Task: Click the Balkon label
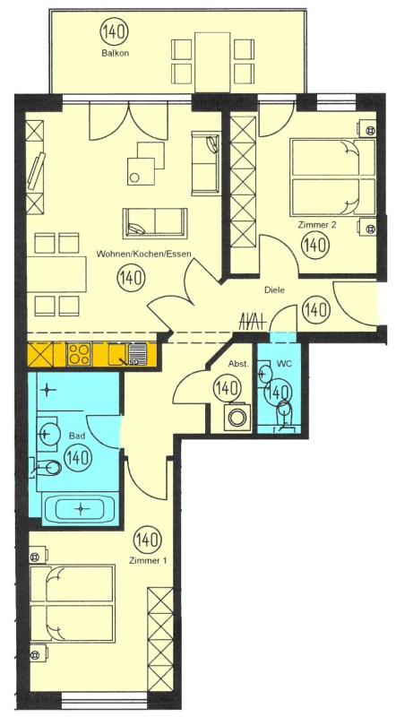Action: pos(115,53)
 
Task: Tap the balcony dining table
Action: pos(212,62)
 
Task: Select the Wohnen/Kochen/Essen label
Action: pos(143,255)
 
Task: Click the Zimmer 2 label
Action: pos(314,225)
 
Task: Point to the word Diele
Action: pos(274,289)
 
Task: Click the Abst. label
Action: pos(238,364)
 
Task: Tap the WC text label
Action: pos(284,364)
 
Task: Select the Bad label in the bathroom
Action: pos(77,436)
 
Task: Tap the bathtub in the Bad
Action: pos(81,508)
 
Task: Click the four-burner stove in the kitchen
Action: pos(79,354)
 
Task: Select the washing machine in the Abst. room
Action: pos(237,417)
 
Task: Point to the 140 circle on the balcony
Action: pos(115,32)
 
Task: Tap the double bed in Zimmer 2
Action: pos(332,177)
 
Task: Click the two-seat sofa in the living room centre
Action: pos(155,223)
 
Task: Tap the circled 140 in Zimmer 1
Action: pos(148,540)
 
